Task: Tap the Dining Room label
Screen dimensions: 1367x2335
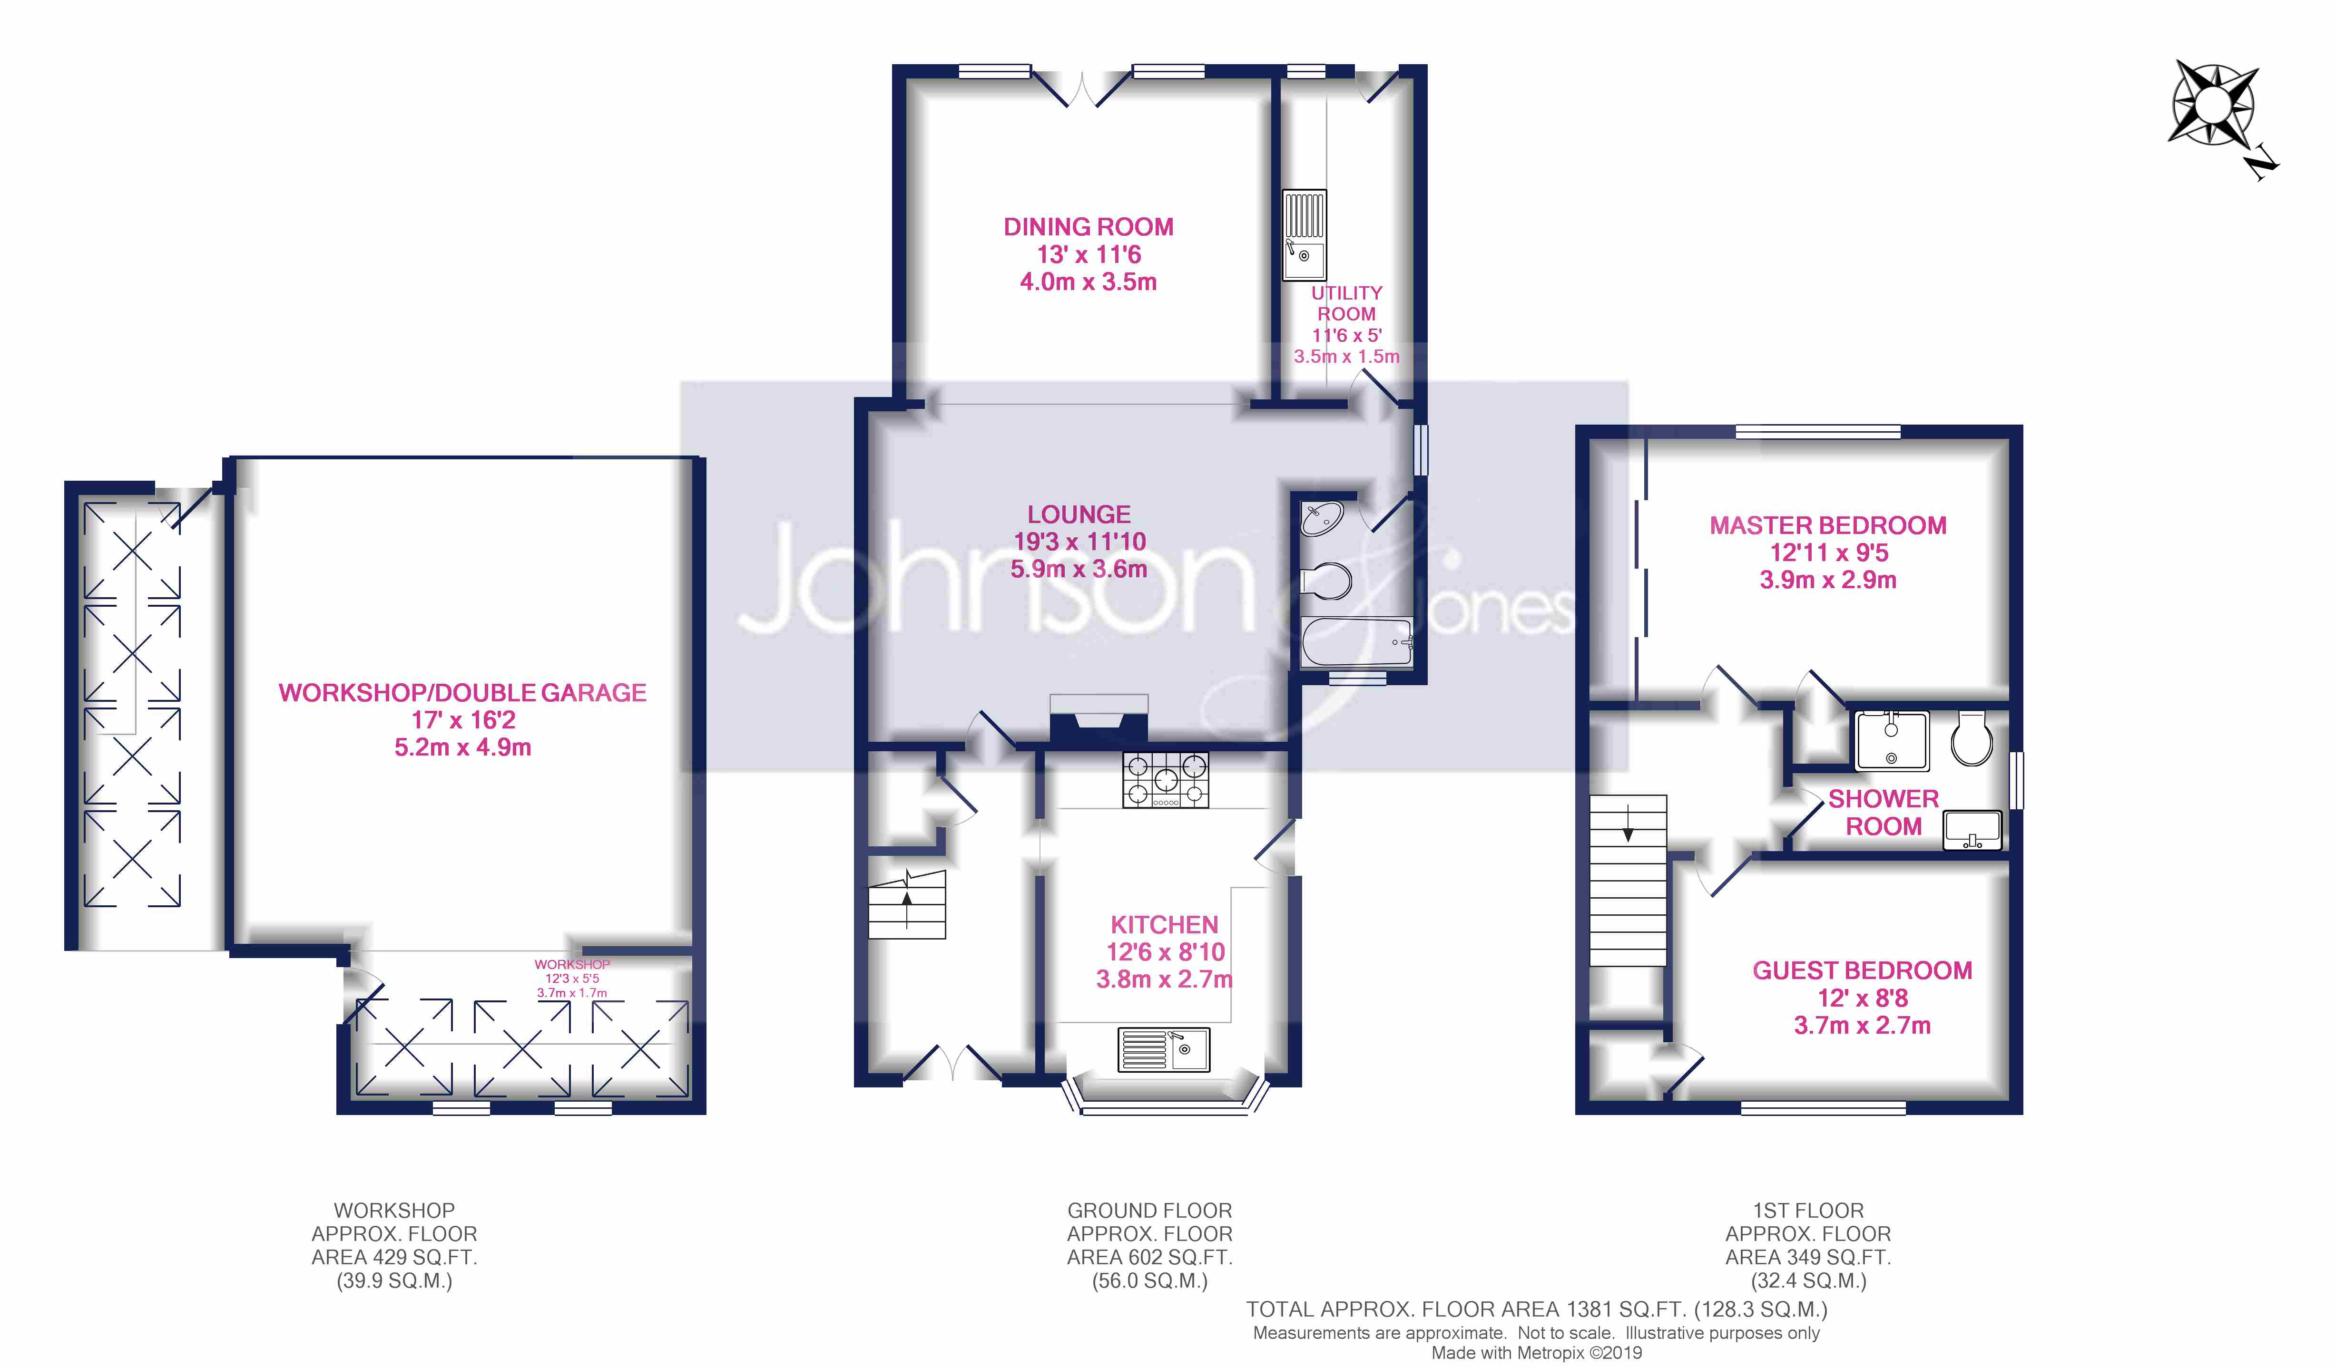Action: click(x=1088, y=227)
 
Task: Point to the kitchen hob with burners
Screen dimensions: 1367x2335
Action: click(x=1165, y=779)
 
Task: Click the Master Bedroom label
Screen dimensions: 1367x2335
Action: click(x=1827, y=525)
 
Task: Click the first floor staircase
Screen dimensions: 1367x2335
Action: click(x=1628, y=880)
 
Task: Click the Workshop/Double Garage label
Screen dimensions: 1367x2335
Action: click(x=462, y=693)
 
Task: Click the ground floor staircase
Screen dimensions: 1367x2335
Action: click(x=906, y=905)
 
